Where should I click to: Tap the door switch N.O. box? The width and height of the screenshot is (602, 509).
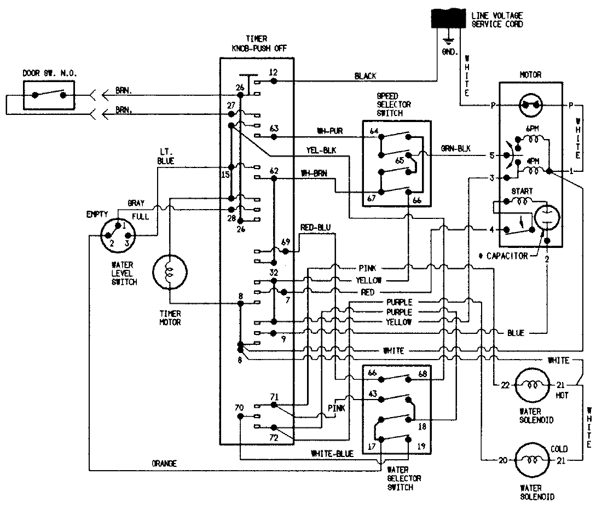[49, 95]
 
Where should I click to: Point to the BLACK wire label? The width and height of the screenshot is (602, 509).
[365, 76]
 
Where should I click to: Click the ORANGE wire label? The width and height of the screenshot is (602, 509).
[164, 464]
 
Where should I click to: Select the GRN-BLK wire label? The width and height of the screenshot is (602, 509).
[456, 149]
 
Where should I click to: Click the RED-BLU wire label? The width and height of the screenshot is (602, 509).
[316, 228]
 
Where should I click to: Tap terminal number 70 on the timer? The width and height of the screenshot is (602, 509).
[239, 408]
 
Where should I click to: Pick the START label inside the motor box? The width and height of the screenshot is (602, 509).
[521, 192]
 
